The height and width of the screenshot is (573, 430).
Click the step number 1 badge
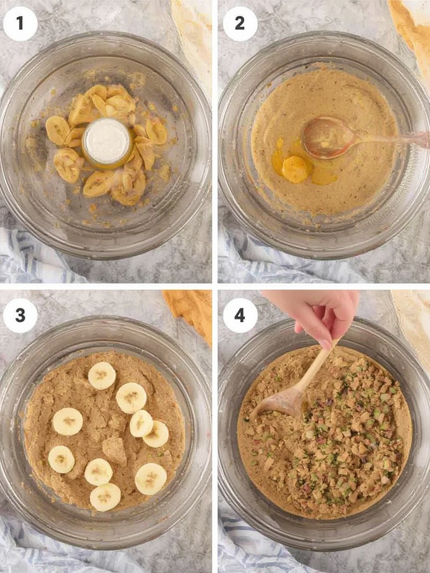pos(20,24)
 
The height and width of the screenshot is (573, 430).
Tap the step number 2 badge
pos(240,24)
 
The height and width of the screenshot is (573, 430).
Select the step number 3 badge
pos(20,316)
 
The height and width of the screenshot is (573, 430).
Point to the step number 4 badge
pos(240,316)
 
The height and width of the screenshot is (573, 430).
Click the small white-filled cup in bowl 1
pos(107,142)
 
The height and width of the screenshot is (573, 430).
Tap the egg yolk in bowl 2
pos(295,169)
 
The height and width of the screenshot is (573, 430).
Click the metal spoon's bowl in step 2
pos(323,138)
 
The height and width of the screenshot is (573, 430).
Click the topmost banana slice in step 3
pos(102,375)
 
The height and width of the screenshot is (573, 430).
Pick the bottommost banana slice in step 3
pos(105,497)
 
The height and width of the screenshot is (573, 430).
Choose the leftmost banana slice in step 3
pos(61,459)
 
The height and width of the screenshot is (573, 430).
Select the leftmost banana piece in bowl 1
pos(58,130)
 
